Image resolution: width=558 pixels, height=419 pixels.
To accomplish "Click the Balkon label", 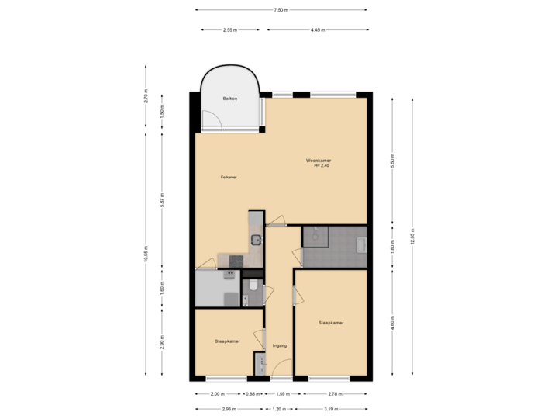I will click(x=229, y=99).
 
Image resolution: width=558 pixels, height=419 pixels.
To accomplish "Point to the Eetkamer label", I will click(x=228, y=177).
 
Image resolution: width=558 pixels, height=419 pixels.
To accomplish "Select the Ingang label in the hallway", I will click(x=280, y=345).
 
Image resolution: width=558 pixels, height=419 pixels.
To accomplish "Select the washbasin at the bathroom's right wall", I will click(x=361, y=246).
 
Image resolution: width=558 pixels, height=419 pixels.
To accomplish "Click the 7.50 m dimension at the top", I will click(x=281, y=10).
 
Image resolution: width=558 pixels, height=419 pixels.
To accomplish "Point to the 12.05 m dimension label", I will click(x=412, y=236).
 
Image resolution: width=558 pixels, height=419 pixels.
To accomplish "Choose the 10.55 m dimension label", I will click(x=146, y=254).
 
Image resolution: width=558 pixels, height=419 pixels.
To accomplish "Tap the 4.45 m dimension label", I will click(x=317, y=30).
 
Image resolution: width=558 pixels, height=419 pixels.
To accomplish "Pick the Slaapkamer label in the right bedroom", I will click(x=331, y=322).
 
